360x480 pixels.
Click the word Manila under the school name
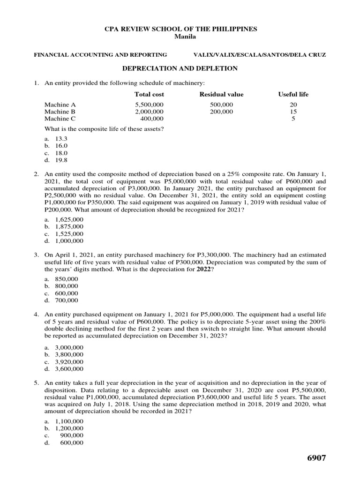[180, 37]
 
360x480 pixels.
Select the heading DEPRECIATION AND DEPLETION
[180, 68]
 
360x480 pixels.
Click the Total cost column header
[149, 94]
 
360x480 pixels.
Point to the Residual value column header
[221, 94]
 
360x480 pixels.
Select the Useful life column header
[293, 94]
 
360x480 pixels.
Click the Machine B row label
[60, 112]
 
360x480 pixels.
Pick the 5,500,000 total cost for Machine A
[149, 105]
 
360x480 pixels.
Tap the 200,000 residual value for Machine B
[221, 112]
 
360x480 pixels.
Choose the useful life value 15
[293, 112]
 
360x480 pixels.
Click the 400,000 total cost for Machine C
[152, 119]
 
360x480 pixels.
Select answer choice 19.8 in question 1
[61, 160]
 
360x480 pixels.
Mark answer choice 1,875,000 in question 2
[69, 226]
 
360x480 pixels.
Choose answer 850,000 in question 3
[67, 278]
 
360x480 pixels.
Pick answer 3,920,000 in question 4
[69, 361]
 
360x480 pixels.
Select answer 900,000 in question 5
[72, 435]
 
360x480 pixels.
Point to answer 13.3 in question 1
[61, 139]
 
